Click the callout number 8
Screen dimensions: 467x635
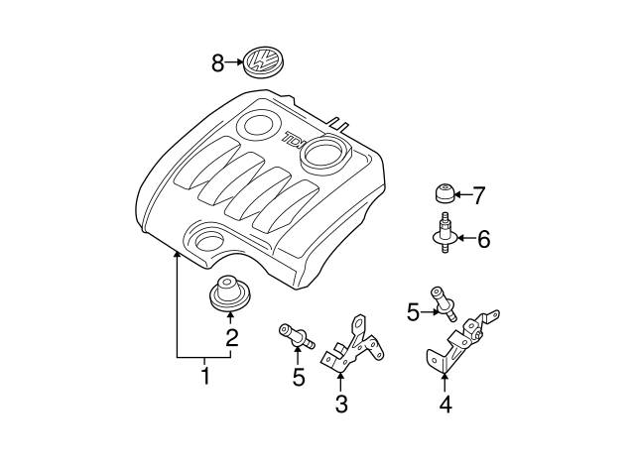click(x=217, y=63)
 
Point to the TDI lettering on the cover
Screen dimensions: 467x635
click(x=295, y=140)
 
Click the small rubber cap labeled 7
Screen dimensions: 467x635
click(x=444, y=193)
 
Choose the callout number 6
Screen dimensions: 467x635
click(x=483, y=239)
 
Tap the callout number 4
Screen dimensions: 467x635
click(x=444, y=404)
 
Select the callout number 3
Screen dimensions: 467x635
click(x=340, y=404)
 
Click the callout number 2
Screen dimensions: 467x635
click(x=231, y=338)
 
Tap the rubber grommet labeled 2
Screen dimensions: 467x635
click(x=229, y=293)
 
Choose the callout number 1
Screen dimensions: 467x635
click(x=205, y=377)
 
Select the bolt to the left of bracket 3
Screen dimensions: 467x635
click(x=294, y=334)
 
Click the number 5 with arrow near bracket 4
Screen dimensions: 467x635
click(x=413, y=312)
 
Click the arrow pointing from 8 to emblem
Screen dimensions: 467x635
click(x=235, y=63)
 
